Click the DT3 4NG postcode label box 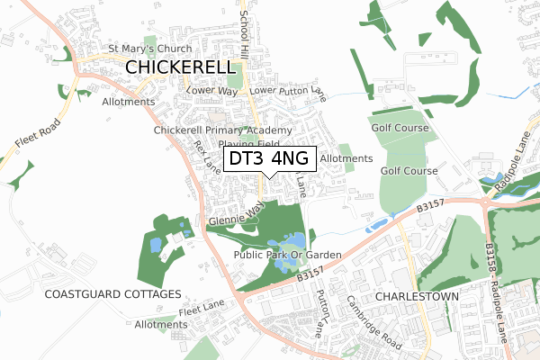point(269,159)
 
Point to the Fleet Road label point(37,134)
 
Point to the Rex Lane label point(205,163)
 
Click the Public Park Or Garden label point(287,256)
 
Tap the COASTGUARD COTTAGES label point(112,294)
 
